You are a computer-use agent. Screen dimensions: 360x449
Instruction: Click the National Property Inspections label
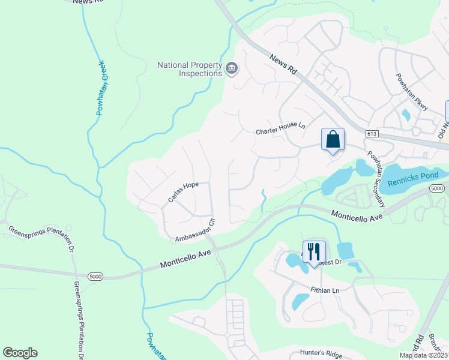189,69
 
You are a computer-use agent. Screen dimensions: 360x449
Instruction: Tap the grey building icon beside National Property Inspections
232,70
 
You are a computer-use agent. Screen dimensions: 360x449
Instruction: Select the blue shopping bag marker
333,140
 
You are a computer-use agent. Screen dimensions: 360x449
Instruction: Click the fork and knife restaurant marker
314,251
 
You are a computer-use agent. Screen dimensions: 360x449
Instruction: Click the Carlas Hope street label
182,192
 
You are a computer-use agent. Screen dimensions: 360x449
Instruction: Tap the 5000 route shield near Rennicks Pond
437,189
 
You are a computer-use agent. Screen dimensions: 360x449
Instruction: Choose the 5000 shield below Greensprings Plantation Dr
95,277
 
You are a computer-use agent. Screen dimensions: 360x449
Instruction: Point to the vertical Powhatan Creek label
101,88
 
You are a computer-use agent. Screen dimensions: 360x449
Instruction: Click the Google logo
20,353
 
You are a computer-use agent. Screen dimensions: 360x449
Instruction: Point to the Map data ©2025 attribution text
424,355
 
